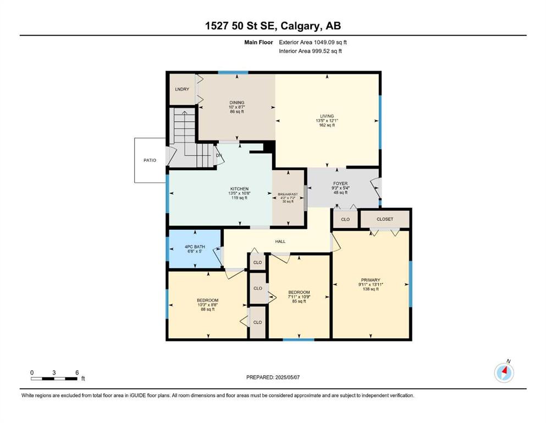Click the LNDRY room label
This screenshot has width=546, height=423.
[x=182, y=89]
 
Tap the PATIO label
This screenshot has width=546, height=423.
[x=150, y=160]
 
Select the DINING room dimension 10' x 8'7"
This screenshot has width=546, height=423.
[x=237, y=107]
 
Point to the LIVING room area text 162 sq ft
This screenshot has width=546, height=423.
[x=327, y=125]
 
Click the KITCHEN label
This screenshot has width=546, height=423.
[x=239, y=189]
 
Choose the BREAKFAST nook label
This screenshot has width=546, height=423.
[x=288, y=194]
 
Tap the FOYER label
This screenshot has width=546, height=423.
[x=340, y=183]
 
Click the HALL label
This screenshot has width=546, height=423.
[x=280, y=241]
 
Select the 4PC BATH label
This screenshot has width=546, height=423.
[x=195, y=247]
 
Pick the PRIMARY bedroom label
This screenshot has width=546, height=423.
[x=371, y=280]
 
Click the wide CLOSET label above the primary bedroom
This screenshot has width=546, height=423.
[x=385, y=219]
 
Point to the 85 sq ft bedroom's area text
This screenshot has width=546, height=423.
[x=299, y=301]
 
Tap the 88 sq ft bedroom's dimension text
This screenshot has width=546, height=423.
[x=207, y=305]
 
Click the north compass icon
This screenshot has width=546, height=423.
[x=504, y=372]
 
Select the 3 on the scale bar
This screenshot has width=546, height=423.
[x=54, y=372]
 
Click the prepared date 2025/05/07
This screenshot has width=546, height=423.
[x=287, y=377]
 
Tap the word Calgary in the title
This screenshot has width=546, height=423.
[x=301, y=26]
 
